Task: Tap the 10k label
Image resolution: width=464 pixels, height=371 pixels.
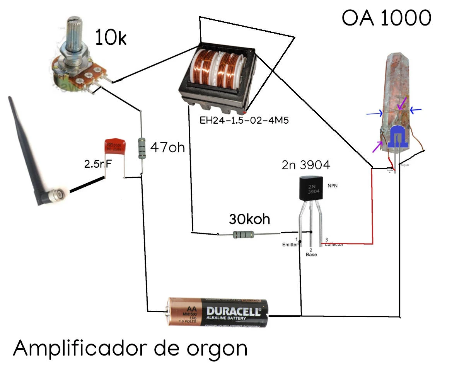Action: tap(111, 38)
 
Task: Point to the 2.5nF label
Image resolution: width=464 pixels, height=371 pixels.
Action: tap(98, 164)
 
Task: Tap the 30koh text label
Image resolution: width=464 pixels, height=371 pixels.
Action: tap(249, 219)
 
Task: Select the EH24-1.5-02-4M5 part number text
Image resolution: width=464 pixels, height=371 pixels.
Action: tap(244, 120)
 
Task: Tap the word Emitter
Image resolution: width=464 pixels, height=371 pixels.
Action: tap(290, 245)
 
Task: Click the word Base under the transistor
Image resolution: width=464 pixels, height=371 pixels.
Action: tap(311, 255)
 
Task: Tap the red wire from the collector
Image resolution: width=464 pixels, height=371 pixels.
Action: tap(372, 209)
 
